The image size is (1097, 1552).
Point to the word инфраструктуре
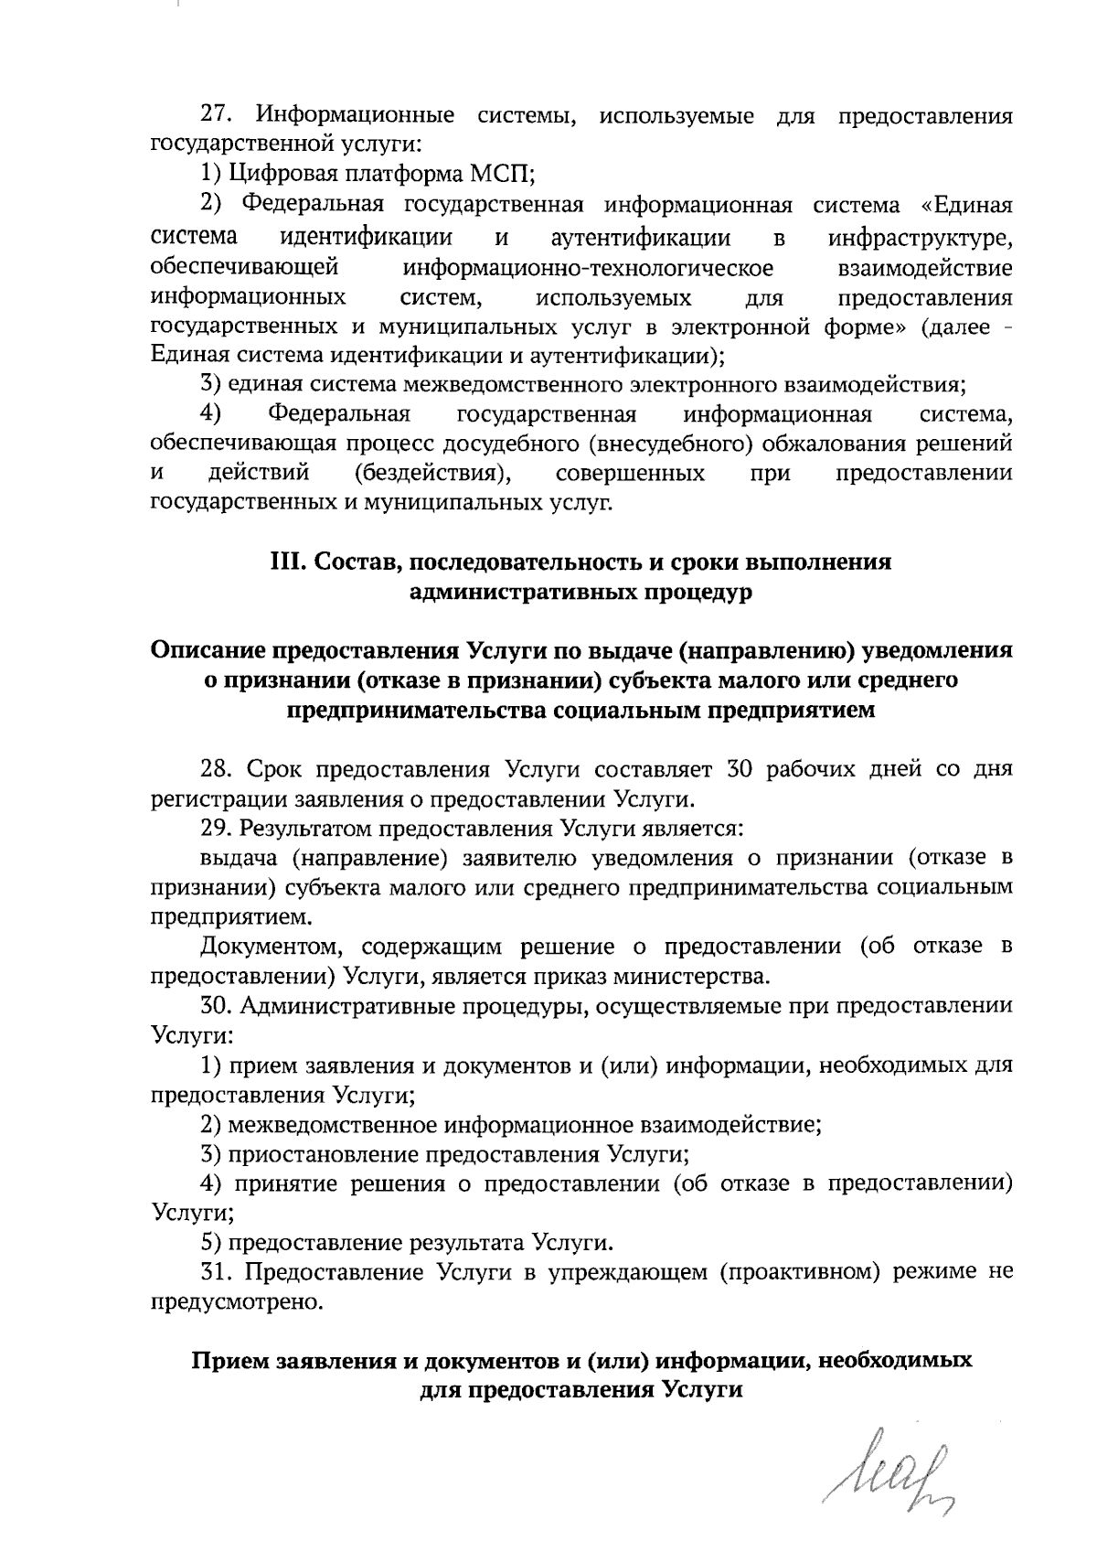(920, 239)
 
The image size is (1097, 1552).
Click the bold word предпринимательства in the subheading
(418, 711)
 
